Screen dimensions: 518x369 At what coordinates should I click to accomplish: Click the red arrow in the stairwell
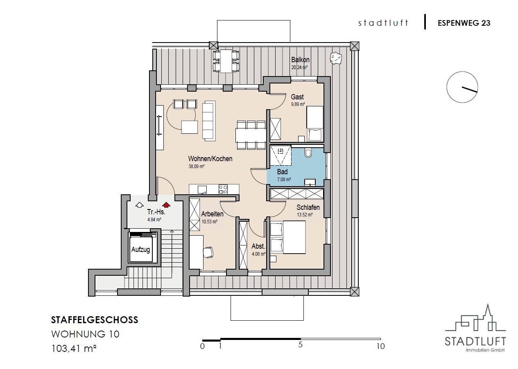pyautogui.click(x=166, y=205)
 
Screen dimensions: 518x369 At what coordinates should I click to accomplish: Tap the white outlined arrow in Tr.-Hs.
pyautogui.click(x=140, y=205)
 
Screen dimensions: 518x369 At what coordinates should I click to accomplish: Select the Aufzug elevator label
pyautogui.click(x=140, y=250)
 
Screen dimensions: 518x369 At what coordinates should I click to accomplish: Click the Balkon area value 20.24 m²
pyautogui.click(x=299, y=67)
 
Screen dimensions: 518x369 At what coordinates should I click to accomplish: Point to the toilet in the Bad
pyautogui.click(x=308, y=153)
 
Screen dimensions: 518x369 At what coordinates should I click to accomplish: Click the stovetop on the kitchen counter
pyautogui.click(x=223, y=189)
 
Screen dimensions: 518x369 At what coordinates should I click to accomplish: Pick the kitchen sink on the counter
pyautogui.click(x=202, y=190)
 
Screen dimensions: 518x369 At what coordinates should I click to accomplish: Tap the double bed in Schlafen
pyautogui.click(x=288, y=237)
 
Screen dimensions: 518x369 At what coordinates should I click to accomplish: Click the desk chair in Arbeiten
pyautogui.click(x=208, y=252)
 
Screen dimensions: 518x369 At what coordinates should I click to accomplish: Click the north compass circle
pyautogui.click(x=462, y=87)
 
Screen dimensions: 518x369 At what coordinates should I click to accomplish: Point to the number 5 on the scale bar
pyautogui.click(x=300, y=345)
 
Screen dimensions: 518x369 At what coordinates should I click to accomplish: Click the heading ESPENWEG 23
pyautogui.click(x=464, y=23)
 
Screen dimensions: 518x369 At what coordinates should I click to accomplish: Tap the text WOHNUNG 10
pyautogui.click(x=85, y=334)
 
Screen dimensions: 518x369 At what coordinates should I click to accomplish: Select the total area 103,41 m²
pyautogui.click(x=74, y=349)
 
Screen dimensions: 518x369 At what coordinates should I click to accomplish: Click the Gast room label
pyautogui.click(x=297, y=97)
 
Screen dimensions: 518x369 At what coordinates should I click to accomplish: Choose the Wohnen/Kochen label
pyautogui.click(x=210, y=159)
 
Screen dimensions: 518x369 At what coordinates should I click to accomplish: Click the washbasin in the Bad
pyautogui.click(x=310, y=182)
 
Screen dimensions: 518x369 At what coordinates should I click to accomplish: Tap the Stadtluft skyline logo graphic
pyautogui.click(x=475, y=317)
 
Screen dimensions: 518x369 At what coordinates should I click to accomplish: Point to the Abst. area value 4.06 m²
pyautogui.click(x=258, y=254)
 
